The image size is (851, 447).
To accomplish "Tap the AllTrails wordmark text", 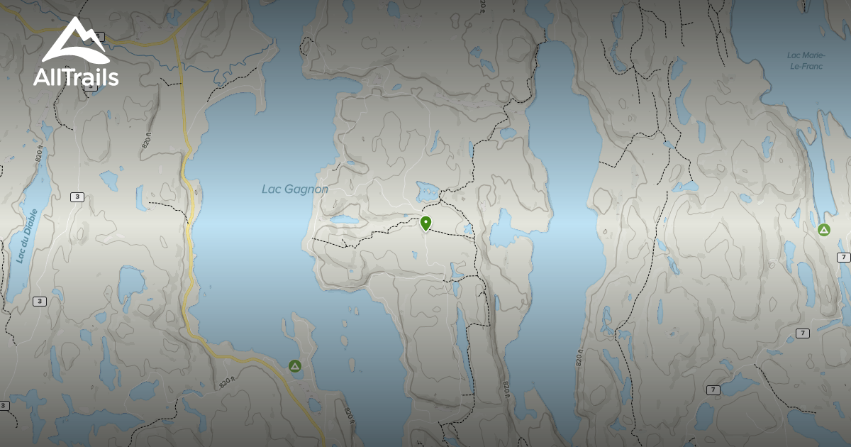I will [76, 77].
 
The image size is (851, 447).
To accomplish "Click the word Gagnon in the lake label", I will [306, 189].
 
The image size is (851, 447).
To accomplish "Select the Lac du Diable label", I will [26, 237].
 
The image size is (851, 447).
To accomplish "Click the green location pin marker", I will [425, 223].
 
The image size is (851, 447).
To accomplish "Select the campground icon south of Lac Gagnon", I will [295, 366].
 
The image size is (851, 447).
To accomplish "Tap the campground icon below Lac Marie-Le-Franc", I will [823, 230].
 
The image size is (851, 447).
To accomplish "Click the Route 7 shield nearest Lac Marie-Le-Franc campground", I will [843, 258].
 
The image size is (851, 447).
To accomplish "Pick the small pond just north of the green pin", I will [428, 190].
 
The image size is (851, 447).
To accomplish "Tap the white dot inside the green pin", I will [425, 221].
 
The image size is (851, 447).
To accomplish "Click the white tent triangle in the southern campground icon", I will [295, 366].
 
